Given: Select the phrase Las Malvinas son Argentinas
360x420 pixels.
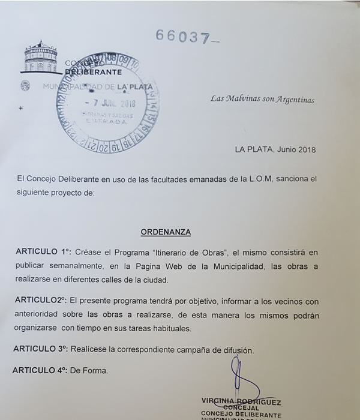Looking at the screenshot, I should pyautogui.click(x=263, y=99).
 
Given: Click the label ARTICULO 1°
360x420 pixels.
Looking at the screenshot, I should pyautogui.click(x=44, y=253).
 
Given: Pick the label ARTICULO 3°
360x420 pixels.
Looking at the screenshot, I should pyautogui.click(x=41, y=349).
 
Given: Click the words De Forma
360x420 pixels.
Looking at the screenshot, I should pyautogui.click(x=91, y=371).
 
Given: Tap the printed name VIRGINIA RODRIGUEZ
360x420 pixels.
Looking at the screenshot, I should pyautogui.click(x=242, y=402).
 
